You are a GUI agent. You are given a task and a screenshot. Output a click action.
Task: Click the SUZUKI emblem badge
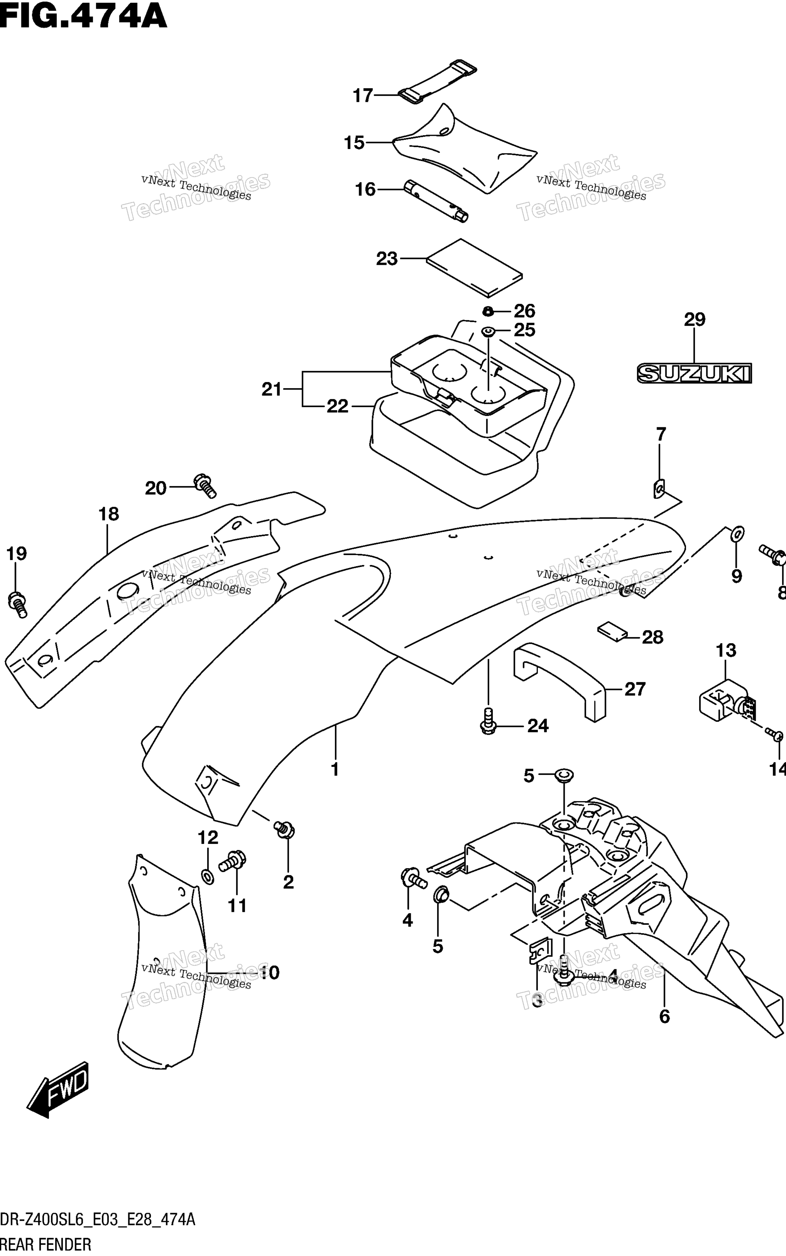click(x=694, y=373)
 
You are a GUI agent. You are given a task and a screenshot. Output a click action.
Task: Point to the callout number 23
click(x=387, y=259)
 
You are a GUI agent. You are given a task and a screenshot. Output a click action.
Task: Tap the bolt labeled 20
click(x=205, y=486)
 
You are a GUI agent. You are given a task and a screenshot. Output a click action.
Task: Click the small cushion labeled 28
click(x=613, y=631)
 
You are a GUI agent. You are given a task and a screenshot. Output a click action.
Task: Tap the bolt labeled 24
click(x=488, y=721)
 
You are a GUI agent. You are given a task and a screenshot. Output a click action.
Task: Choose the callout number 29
click(x=694, y=320)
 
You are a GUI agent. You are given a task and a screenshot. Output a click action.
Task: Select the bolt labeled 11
click(x=232, y=862)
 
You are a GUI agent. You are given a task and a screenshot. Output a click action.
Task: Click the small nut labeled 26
click(x=488, y=311)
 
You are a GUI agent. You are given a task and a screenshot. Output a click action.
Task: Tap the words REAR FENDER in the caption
click(x=46, y=1245)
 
